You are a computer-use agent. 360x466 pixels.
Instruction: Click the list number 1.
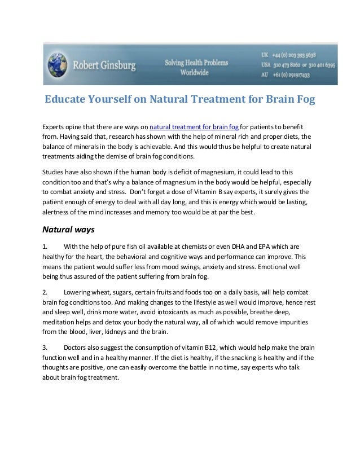[x=45, y=247]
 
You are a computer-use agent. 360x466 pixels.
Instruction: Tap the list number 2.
[x=45, y=292]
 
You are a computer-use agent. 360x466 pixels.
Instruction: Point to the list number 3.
[x=45, y=348]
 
